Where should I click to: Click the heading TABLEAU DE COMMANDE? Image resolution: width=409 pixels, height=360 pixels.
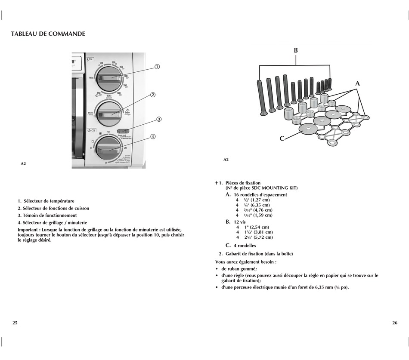pyautogui.click(x=48, y=34)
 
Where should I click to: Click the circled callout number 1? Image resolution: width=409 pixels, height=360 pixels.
pyautogui.click(x=157, y=67)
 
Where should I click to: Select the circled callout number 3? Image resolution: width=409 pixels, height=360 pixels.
pyautogui.click(x=159, y=120)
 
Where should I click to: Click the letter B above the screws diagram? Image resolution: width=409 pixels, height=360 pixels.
pyautogui.click(x=296, y=50)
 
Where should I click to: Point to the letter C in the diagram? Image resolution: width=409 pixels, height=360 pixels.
pyautogui.click(x=282, y=138)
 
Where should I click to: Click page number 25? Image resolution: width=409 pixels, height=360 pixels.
pyautogui.click(x=15, y=323)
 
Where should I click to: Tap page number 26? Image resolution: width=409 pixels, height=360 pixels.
pyautogui.click(x=394, y=323)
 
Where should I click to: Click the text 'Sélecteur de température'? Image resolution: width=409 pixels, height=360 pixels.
pyautogui.click(x=49, y=201)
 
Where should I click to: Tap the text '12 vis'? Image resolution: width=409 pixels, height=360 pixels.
pyautogui.click(x=240, y=222)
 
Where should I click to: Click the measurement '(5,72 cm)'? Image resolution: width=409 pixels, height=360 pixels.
pyautogui.click(x=263, y=237)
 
